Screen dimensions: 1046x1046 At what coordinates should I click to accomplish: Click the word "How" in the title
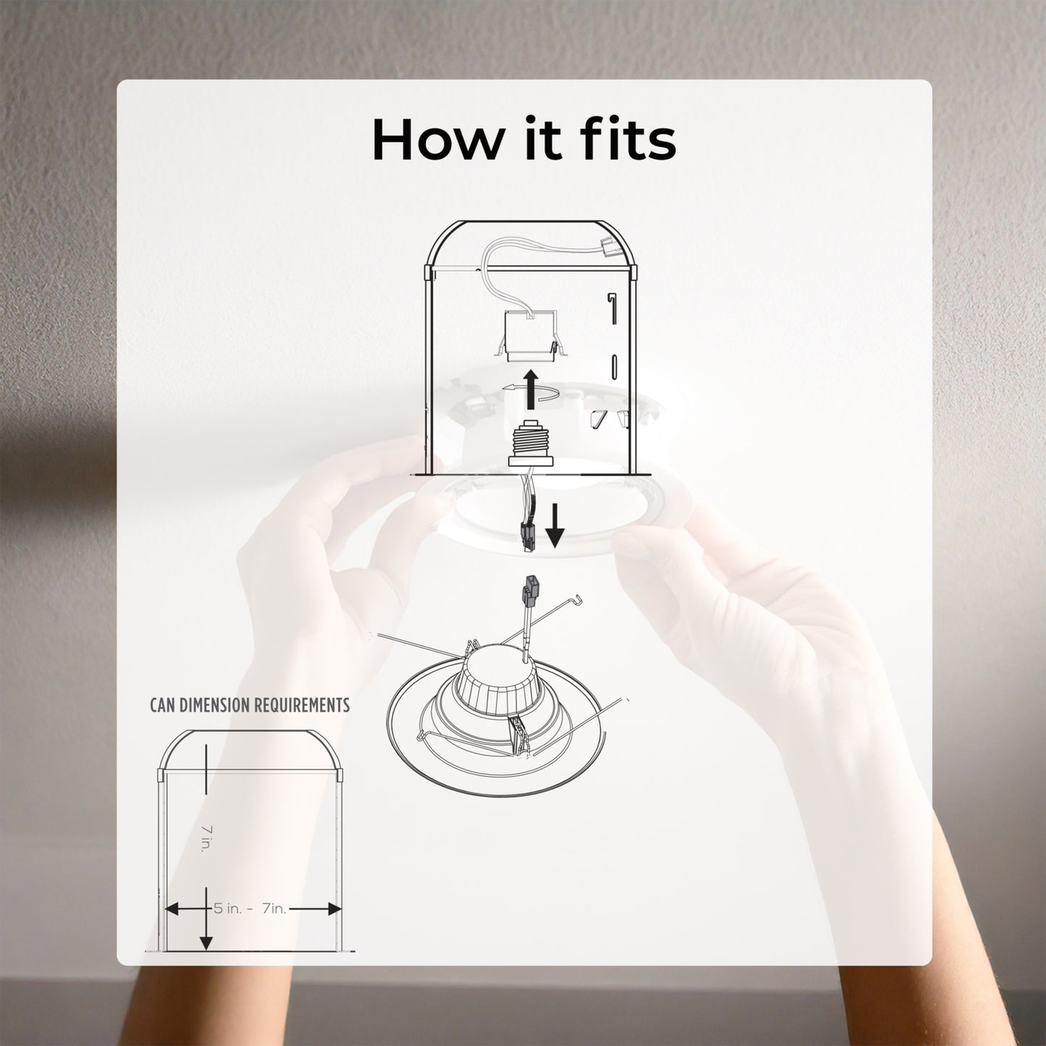[x=437, y=140]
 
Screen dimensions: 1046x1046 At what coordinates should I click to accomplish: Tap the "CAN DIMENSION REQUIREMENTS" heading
[x=250, y=705]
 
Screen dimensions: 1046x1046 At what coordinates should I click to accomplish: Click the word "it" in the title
[x=536, y=140]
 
